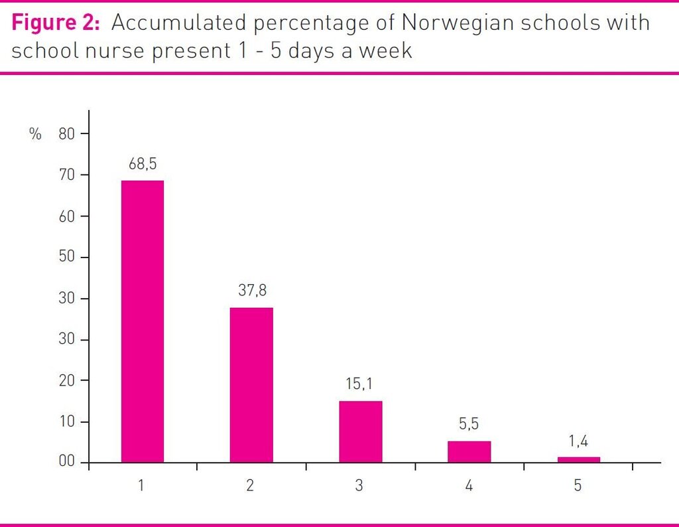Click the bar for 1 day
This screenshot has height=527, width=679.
click(142, 321)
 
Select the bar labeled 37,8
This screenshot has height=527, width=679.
click(251, 385)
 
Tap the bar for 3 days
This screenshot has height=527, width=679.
click(360, 431)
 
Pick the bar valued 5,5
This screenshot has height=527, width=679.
click(469, 451)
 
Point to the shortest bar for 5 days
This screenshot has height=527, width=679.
click(578, 459)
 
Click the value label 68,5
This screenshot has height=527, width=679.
click(143, 163)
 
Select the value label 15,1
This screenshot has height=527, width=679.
click(361, 384)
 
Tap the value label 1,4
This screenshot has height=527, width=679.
click(578, 440)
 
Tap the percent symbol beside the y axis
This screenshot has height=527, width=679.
click(35, 134)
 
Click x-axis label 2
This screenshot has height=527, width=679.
click(250, 486)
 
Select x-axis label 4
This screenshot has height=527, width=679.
click(469, 486)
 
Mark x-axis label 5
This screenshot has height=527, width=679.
click(578, 486)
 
